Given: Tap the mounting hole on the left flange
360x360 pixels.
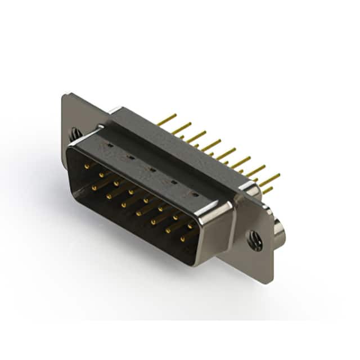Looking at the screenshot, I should [75, 134].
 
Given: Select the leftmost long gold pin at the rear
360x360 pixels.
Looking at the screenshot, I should [167, 119].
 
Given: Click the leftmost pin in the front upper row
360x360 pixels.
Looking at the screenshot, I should [87, 166].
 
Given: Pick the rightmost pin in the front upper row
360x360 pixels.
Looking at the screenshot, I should [190, 226].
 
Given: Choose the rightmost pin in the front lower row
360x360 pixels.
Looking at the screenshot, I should [182, 239].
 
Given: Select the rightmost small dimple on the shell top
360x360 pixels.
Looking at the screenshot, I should [195, 195].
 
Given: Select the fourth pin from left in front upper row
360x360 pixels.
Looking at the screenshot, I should [130, 192].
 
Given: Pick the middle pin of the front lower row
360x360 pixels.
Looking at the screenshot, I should [138, 213].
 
